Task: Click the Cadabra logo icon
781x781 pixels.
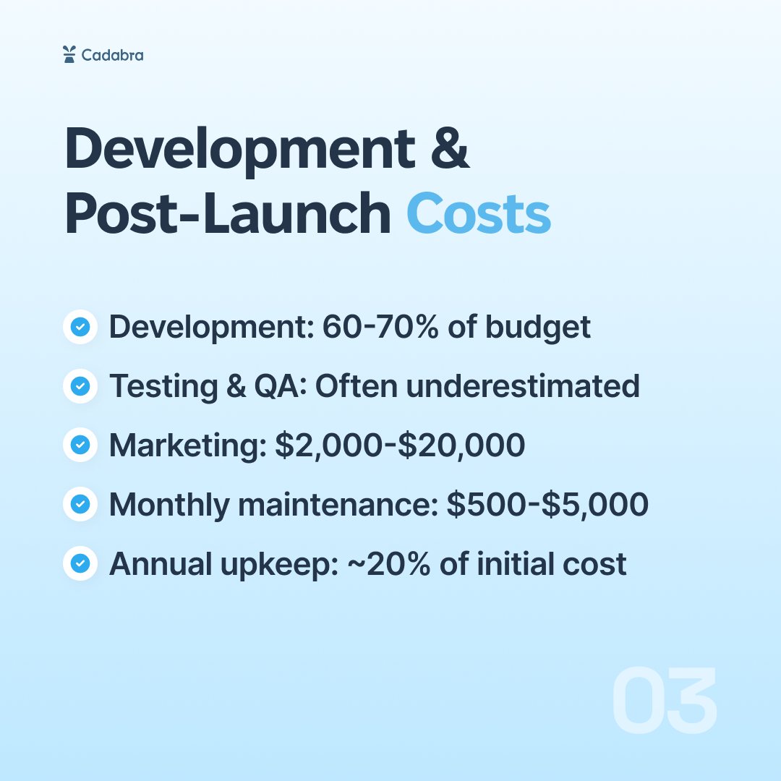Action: pos(69,54)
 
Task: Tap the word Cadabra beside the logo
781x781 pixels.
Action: pos(112,55)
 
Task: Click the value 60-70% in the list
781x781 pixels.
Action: pos(383,328)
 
